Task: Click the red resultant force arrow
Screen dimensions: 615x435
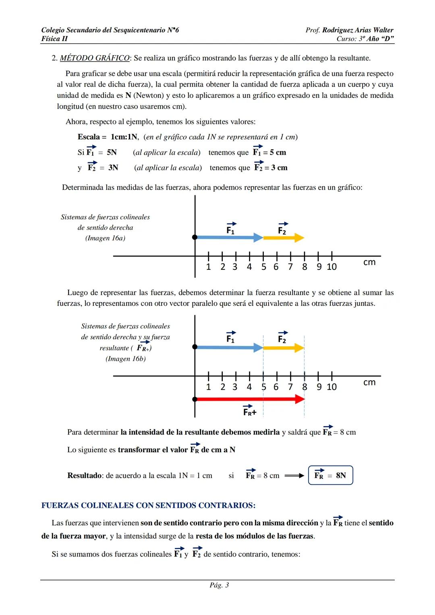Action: pyautogui.click(x=250, y=399)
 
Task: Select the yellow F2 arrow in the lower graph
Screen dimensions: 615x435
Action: pyautogui.click(x=284, y=348)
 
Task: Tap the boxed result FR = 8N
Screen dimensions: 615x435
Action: pyautogui.click(x=330, y=475)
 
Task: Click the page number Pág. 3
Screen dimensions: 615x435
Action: pyautogui.click(x=219, y=585)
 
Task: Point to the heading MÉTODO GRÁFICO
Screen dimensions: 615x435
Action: pyautogui.click(x=95, y=58)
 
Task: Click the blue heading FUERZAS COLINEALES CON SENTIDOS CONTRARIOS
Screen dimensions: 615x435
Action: pyautogui.click(x=148, y=505)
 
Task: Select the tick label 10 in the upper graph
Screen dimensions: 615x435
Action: pyautogui.click(x=331, y=267)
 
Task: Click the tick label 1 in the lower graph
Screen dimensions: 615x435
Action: pyautogui.click(x=208, y=387)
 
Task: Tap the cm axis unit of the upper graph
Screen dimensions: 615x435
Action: pyautogui.click(x=369, y=262)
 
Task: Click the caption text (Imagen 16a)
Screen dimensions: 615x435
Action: pyautogui.click(x=105, y=238)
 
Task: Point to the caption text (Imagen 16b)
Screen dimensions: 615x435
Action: pyautogui.click(x=126, y=358)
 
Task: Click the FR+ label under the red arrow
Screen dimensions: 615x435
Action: pyautogui.click(x=250, y=412)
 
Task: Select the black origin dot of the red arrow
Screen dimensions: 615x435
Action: pyautogui.click(x=195, y=399)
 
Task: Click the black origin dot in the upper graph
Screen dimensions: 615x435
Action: pyautogui.click(x=195, y=237)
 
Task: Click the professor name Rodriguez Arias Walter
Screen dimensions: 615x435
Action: pyautogui.click(x=358, y=30)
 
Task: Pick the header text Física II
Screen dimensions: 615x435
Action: pyautogui.click(x=54, y=39)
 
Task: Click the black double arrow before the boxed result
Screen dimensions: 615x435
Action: pyautogui.click(x=294, y=476)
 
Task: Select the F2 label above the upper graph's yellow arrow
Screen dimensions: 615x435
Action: pyautogui.click(x=282, y=230)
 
